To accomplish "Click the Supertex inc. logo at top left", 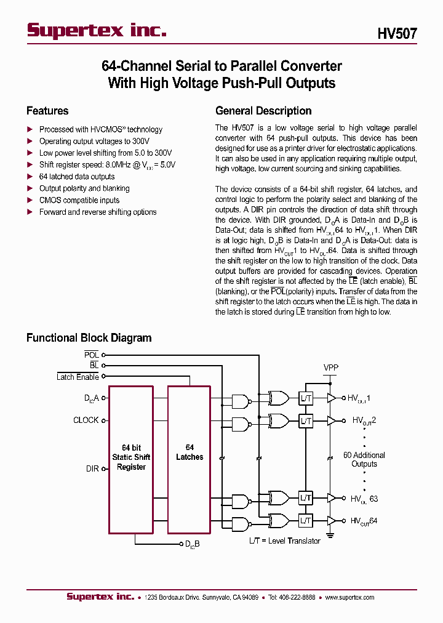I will [97, 31].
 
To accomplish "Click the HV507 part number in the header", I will [397, 34].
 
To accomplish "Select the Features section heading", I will [47, 111].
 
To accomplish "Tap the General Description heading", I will [263, 111].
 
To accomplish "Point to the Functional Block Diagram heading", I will [89, 337].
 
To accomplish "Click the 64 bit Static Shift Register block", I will [131, 457].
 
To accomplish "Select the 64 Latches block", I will [190, 452].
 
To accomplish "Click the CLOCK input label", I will [86, 420].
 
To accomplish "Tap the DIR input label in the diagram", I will [92, 469].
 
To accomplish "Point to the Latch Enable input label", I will [78, 377].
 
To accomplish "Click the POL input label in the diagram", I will [91, 355].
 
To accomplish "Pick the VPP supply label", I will [331, 368].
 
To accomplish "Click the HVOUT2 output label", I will [364, 421].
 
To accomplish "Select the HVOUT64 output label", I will [364, 521].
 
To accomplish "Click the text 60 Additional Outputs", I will [364, 459].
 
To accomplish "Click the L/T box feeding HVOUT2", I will [306, 421].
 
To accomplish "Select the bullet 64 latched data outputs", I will [77, 177].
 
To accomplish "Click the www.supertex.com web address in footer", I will [350, 597].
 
